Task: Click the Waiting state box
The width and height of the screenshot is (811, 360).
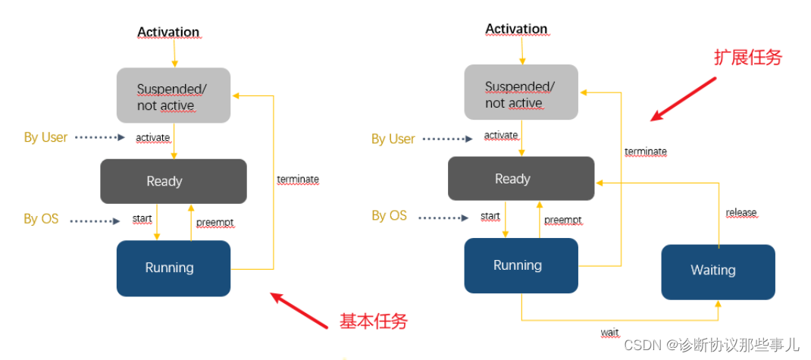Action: pyautogui.click(x=718, y=271)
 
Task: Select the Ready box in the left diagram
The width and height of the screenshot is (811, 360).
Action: pyautogui.click(x=173, y=181)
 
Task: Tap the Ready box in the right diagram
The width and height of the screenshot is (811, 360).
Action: pyautogui.click(x=521, y=179)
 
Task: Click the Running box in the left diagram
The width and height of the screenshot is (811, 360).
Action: pyautogui.click(x=173, y=268)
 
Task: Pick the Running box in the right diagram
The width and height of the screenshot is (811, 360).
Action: pyautogui.click(x=521, y=265)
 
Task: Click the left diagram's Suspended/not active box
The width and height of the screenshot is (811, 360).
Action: pyautogui.click(x=173, y=97)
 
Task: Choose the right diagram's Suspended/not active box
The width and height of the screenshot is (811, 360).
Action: pyautogui.click(x=521, y=95)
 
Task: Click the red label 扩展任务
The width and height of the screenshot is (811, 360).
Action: pyautogui.click(x=747, y=58)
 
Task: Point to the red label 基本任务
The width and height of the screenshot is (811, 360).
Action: pyautogui.click(x=374, y=321)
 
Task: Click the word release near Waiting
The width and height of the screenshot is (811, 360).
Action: pyautogui.click(x=741, y=212)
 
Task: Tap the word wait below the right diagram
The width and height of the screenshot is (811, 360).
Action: pyautogui.click(x=609, y=333)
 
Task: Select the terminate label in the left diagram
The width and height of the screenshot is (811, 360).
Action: pyautogui.click(x=298, y=180)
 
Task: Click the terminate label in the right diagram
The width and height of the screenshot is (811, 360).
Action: pyautogui.click(x=646, y=152)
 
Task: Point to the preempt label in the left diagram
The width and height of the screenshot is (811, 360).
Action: pyautogui.click(x=214, y=223)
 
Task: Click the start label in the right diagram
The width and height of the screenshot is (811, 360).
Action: pyautogui.click(x=490, y=216)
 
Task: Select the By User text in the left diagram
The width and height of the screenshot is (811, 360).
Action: pyautogui.click(x=45, y=137)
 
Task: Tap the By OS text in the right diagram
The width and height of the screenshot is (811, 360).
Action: pyautogui.click(x=389, y=215)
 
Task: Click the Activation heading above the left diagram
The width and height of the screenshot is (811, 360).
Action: pyautogui.click(x=168, y=33)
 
